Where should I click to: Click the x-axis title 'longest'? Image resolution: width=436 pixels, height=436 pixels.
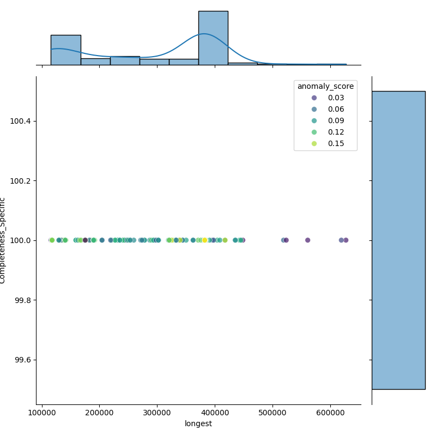[198, 423]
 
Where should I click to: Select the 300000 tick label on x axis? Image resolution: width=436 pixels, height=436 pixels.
[157, 413]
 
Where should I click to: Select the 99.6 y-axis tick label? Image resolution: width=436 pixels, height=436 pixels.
[22, 360]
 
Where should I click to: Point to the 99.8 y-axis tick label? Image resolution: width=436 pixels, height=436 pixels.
[22, 300]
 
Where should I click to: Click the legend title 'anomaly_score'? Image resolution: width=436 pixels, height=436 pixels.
[325, 86]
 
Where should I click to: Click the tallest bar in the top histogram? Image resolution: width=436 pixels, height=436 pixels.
[213, 38]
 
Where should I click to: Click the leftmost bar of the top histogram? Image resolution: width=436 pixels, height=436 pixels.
[65, 50]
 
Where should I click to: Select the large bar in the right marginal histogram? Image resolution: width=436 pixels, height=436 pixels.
[398, 240]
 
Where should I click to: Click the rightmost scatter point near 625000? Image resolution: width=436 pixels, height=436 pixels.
[346, 240]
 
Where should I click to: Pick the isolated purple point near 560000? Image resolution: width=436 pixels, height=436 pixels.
[307, 240]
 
